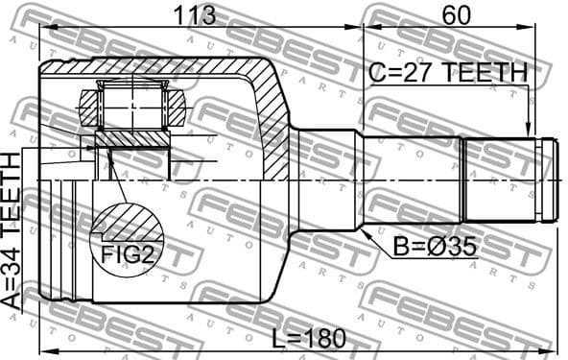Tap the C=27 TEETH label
tap(448, 72)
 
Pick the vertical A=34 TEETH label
tap(12, 231)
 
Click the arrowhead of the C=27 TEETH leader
tap(527, 132)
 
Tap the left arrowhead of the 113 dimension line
tap(43, 29)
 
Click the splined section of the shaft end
tap(500, 180)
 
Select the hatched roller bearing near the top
tap(133, 105)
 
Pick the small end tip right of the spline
tap(548, 180)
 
